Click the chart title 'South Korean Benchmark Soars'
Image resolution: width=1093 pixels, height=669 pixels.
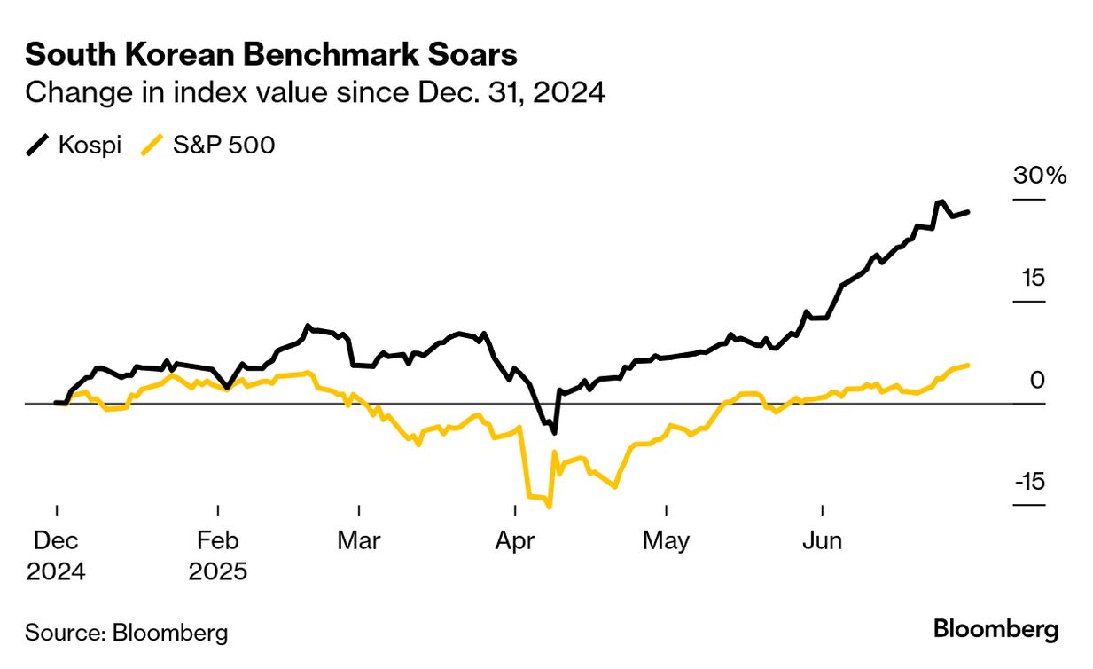tap(271, 55)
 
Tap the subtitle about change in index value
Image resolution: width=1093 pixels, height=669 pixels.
tap(315, 92)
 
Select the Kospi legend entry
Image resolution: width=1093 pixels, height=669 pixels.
tap(74, 144)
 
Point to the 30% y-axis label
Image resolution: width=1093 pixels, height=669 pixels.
tap(1040, 176)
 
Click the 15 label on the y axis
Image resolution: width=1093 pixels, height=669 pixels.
tap(1033, 278)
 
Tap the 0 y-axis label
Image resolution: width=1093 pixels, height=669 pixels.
tap(1037, 380)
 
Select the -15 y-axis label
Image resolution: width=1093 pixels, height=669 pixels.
tap(1029, 482)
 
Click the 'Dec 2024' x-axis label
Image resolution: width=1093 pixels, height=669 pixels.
tap(56, 555)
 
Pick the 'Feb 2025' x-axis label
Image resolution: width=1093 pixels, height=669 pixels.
tap(218, 555)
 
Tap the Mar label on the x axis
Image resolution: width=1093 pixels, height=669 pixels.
tap(359, 540)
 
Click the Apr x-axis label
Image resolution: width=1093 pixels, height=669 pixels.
tap(515, 540)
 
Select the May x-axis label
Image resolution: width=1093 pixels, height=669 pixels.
tap(666, 540)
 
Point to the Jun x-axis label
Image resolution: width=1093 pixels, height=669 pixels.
tap(822, 540)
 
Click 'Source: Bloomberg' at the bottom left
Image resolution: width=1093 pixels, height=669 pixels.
tap(127, 633)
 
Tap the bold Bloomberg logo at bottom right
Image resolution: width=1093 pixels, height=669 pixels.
tap(996, 630)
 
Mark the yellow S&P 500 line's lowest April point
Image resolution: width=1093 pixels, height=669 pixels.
tap(550, 508)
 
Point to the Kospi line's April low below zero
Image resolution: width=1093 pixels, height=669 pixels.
tap(554, 433)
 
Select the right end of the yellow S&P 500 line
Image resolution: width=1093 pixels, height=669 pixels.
tap(968, 365)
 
